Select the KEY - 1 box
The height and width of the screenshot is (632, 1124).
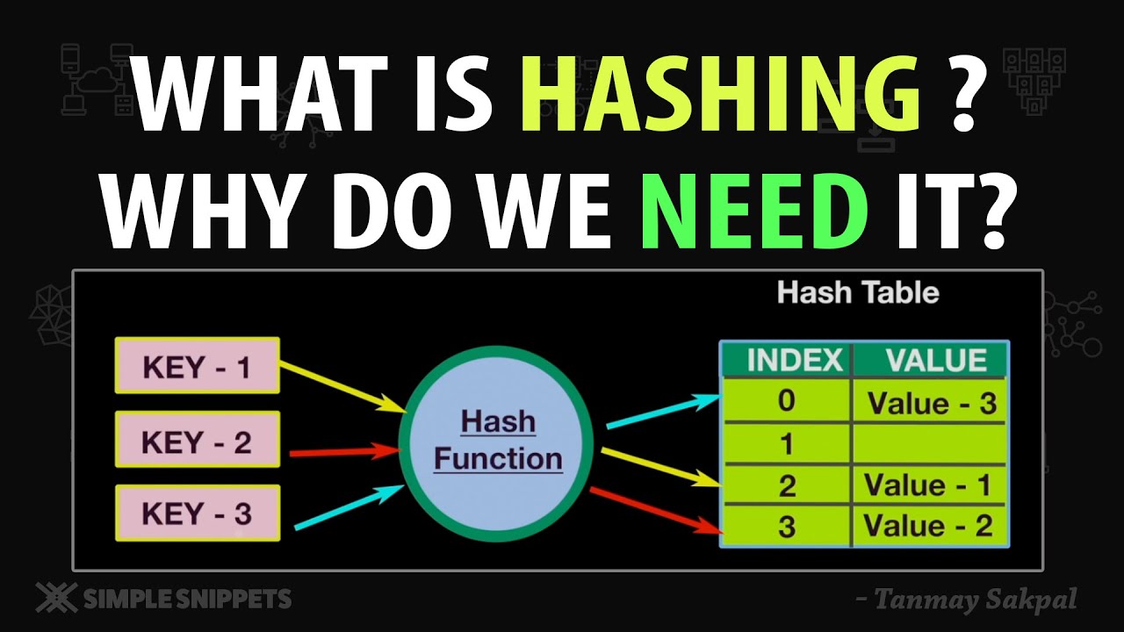198,365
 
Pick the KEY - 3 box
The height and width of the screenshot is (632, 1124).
198,513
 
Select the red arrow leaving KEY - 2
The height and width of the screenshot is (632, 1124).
343,452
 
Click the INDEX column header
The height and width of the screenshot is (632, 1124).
786,360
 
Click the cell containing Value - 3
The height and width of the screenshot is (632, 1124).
931,403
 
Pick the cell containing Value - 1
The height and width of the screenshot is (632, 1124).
929,485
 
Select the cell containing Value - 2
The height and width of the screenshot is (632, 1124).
929,526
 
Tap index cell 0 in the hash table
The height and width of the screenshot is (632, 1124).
786,401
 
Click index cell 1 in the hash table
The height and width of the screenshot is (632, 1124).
786,444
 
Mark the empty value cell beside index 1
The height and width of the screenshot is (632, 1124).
929,444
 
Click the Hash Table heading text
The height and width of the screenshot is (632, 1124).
858,292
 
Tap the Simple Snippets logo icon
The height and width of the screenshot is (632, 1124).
54,599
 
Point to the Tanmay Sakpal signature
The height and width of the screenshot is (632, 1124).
965,600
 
